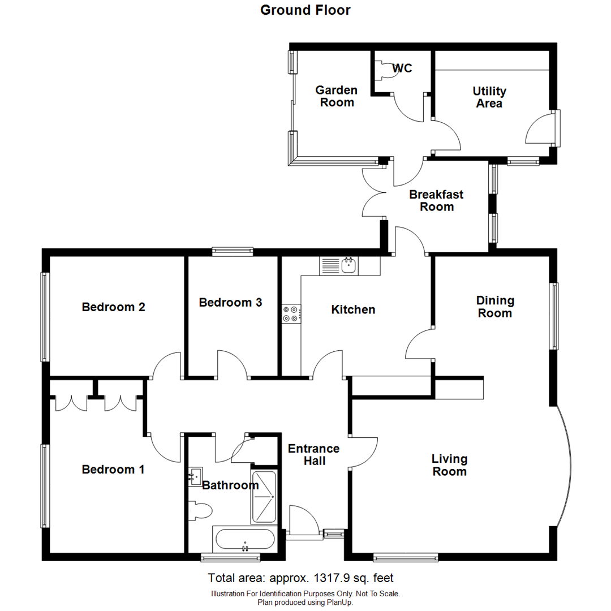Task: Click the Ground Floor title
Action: (x=305, y=10)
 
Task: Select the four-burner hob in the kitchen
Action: (x=291, y=314)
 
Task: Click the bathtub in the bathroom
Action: (x=245, y=540)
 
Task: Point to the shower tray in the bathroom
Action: (x=264, y=497)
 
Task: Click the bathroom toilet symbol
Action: (x=200, y=511)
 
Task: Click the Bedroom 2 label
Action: (x=113, y=307)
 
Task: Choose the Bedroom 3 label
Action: (x=230, y=303)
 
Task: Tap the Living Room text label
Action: (x=449, y=464)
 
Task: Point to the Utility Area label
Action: (x=489, y=97)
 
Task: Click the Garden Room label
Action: (x=336, y=96)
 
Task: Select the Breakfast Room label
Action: (x=436, y=200)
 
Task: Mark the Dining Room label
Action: (x=494, y=306)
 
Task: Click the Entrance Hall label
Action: (x=313, y=454)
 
